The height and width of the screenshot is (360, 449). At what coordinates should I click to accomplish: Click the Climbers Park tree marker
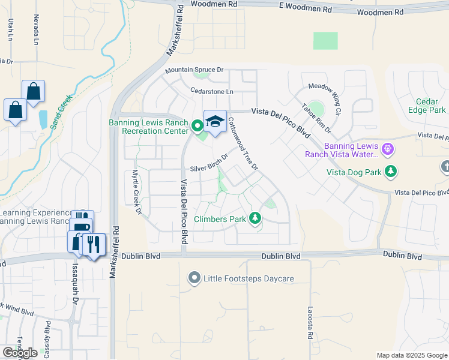point(256,218)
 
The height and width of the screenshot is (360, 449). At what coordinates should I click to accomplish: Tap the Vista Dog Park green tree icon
point(391,172)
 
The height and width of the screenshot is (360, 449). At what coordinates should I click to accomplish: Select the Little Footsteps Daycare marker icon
point(194,278)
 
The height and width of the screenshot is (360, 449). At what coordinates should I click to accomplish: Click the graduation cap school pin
point(215,122)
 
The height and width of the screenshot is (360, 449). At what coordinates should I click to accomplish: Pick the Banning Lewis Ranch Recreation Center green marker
point(197,126)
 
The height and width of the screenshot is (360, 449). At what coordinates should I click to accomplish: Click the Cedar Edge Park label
point(430,106)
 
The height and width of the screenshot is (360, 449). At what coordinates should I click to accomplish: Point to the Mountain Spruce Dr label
point(194,71)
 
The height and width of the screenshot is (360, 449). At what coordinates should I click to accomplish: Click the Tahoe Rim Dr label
point(316,116)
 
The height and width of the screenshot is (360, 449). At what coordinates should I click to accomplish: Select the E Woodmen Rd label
point(306,10)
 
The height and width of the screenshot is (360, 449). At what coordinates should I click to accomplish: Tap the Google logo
point(20,353)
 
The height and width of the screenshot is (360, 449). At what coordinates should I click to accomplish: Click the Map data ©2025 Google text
point(411,355)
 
